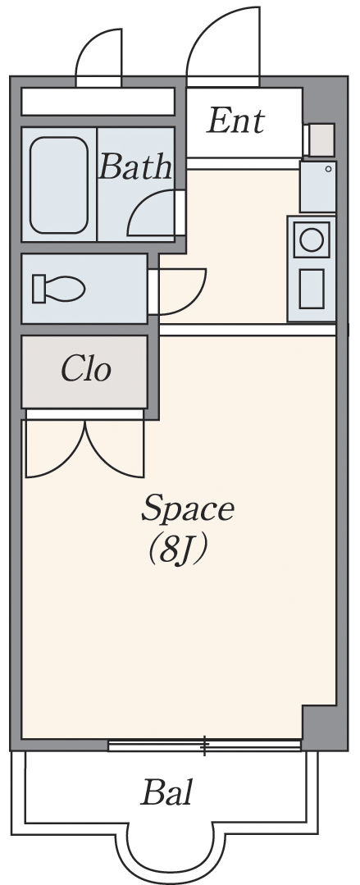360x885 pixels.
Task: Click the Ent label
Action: click(x=235, y=121)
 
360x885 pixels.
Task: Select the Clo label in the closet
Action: click(x=86, y=370)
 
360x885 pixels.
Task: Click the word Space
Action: click(x=187, y=510)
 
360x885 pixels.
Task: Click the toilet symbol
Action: click(x=58, y=289)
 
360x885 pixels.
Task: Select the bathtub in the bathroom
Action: click(x=59, y=185)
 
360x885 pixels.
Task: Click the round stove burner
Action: click(x=312, y=239)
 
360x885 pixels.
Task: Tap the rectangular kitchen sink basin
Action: click(x=312, y=289)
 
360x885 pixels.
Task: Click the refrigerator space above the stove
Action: click(x=318, y=187)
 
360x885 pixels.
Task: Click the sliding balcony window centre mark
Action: click(x=205, y=745)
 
